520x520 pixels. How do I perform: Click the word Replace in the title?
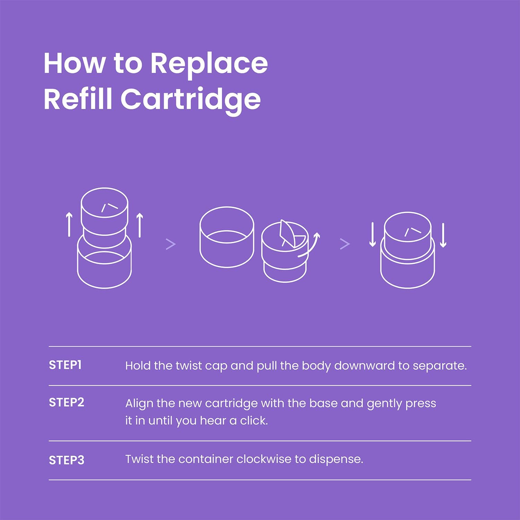(x=209, y=64)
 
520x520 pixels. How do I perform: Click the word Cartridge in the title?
(x=191, y=99)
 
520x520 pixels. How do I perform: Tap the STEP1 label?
(x=65, y=365)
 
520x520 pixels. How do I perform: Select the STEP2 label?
(x=67, y=402)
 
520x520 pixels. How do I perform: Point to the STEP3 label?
(x=67, y=460)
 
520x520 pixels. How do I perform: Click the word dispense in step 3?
(x=336, y=460)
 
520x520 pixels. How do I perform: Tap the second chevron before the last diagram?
(x=345, y=244)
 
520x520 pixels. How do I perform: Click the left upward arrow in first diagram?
(x=69, y=225)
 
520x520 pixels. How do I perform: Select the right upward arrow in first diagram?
(x=140, y=225)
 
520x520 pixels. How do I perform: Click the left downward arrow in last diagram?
(x=373, y=235)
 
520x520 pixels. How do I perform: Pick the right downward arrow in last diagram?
(x=443, y=235)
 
